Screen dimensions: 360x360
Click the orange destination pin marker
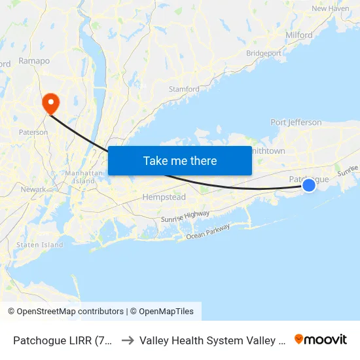[50, 103]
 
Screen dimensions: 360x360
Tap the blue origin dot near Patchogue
[309, 186]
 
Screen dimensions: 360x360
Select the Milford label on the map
[299, 35]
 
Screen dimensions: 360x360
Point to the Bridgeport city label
[264, 53]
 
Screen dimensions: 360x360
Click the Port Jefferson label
[296, 122]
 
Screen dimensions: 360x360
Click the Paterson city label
[33, 132]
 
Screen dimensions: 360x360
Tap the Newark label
[33, 189]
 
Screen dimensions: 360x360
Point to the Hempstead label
[164, 197]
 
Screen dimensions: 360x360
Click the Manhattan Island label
[81, 177]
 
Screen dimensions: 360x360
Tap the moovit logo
[321, 339]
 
